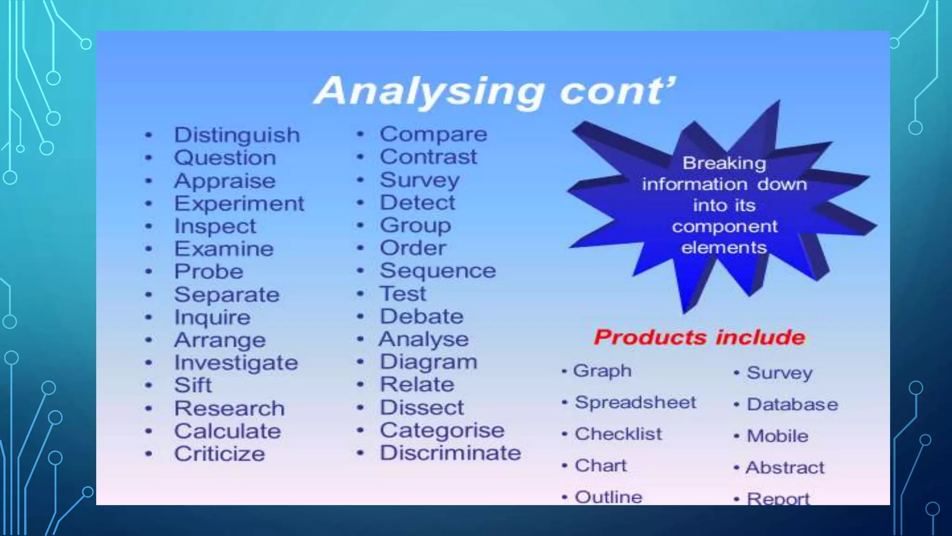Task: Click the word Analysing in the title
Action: coord(429,92)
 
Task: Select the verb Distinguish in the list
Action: coord(237,135)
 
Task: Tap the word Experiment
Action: coord(239,204)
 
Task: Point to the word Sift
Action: coord(192,385)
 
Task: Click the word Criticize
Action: coord(219,454)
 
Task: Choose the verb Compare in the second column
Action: coord(433,134)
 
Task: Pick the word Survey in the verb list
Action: coord(419,180)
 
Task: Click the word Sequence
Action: coord(437,271)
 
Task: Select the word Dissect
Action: coord(422,408)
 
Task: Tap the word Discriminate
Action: coord(450,453)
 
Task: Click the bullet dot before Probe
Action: coord(149,272)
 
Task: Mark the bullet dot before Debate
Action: coord(360,317)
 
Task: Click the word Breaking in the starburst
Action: coord(724,163)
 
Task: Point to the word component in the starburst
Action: coord(724,227)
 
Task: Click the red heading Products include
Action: coord(699,337)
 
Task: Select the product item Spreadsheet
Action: coord(635,402)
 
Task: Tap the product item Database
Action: coord(792,404)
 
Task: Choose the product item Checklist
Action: coord(618,434)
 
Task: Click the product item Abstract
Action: coord(785,468)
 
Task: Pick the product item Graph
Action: coord(602,371)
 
